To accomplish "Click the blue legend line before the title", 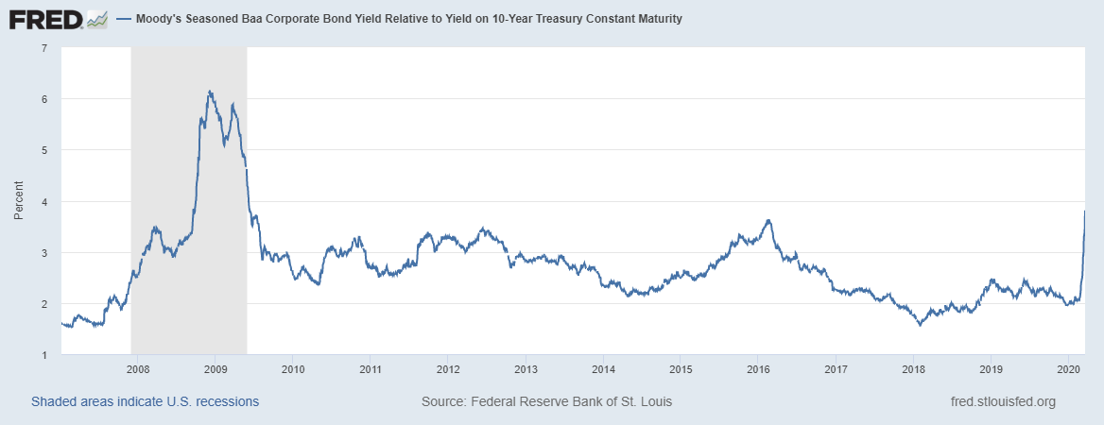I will (x=124, y=19).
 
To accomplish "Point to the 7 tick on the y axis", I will (x=43, y=48).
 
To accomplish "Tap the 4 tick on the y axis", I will (x=43, y=202).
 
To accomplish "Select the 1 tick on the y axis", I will (x=43, y=355).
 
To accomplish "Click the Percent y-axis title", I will (x=18, y=201).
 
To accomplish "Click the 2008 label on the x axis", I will (x=137, y=369).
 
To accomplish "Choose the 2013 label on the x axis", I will (x=526, y=369).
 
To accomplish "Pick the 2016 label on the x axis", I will (x=758, y=369).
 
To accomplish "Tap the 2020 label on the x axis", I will (x=1068, y=369).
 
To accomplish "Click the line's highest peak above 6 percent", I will (x=209, y=91).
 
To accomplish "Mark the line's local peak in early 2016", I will (x=768, y=220).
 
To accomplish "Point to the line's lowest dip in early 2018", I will (x=919, y=325).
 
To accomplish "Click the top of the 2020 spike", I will (x=1083, y=211).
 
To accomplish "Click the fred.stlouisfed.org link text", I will (x=1002, y=401).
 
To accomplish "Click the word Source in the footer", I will (x=441, y=401).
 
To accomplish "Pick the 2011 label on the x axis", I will (x=370, y=369).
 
